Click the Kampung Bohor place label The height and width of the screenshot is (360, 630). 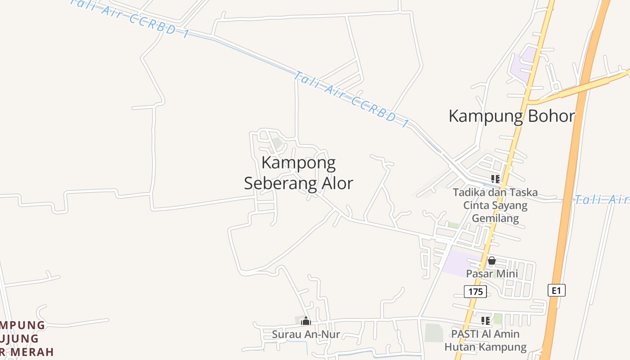point(512,116)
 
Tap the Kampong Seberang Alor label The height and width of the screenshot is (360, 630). point(298,173)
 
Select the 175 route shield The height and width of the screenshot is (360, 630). point(475,292)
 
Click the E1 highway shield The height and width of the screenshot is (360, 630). point(556,290)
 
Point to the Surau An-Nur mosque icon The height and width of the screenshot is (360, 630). point(306,321)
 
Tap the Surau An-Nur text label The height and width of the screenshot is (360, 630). point(306,334)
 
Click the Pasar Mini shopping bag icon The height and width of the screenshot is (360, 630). point(492,261)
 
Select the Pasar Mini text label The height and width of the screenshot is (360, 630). point(492,274)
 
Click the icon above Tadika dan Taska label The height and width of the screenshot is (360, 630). point(495,179)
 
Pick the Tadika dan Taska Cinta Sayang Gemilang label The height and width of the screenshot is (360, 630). point(495,205)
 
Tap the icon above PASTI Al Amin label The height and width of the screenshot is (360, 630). point(486,321)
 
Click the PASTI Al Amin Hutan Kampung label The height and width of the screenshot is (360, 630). point(486,340)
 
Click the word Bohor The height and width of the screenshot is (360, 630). point(551,116)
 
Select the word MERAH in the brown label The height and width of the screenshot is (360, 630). point(34,351)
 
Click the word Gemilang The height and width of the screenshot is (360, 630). point(495,219)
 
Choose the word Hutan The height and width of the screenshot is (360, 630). point(459,347)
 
